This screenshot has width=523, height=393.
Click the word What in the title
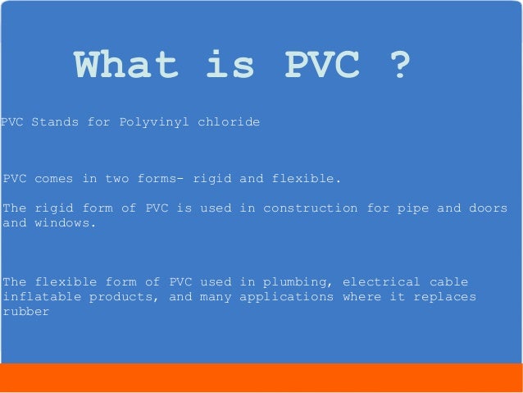click(x=124, y=66)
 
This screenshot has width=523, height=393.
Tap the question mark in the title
click(x=397, y=66)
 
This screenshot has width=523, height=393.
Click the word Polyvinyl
click(x=153, y=122)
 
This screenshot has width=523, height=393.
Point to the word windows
click(x=65, y=222)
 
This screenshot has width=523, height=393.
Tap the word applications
click(x=286, y=296)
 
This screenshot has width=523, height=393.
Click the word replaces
click(x=444, y=296)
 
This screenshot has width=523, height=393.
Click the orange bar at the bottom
click(x=261, y=377)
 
